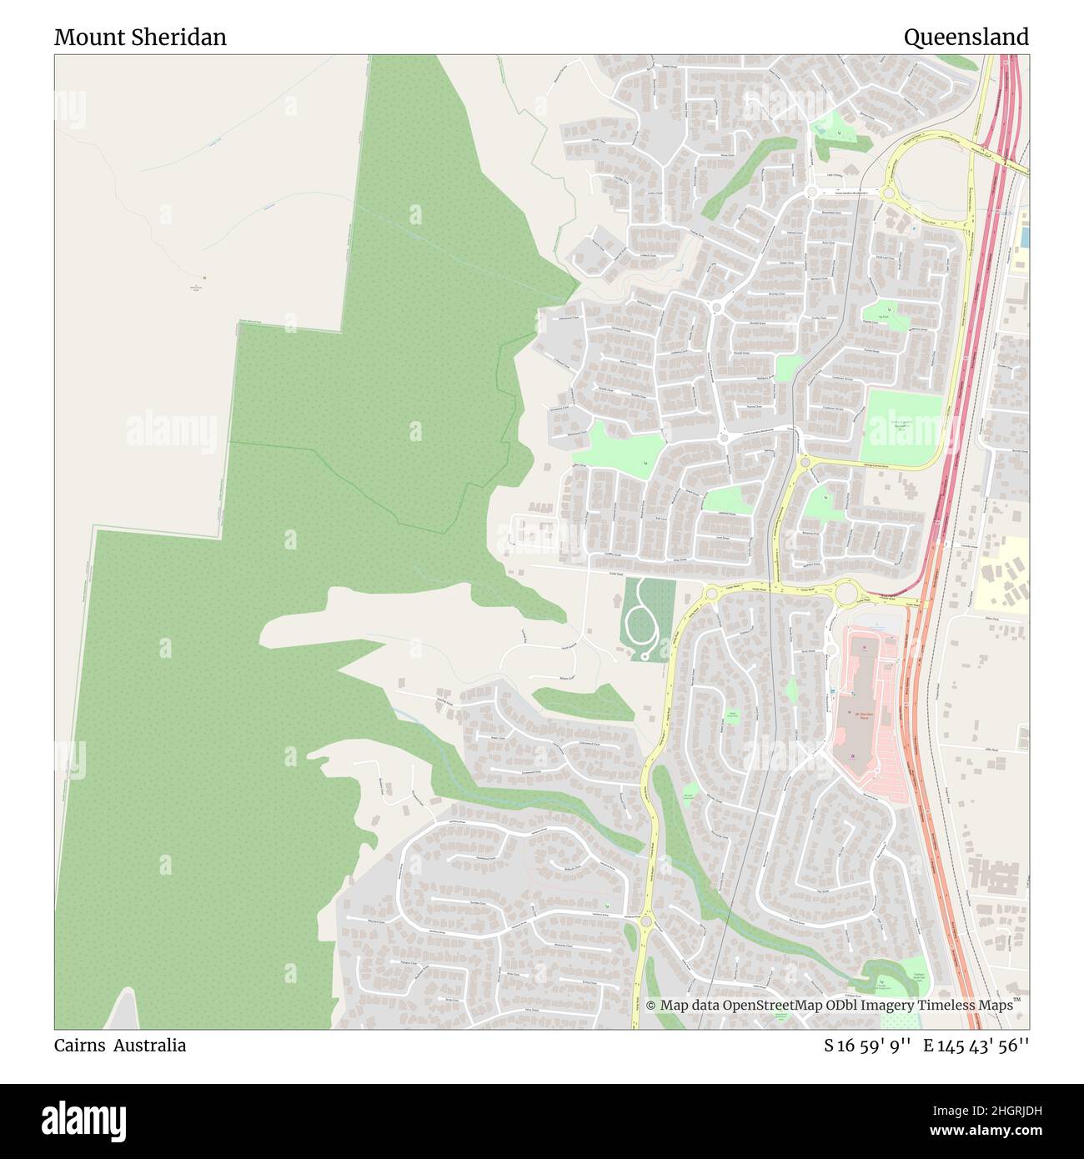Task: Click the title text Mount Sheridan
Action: (x=140, y=38)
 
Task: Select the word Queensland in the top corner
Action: (x=966, y=38)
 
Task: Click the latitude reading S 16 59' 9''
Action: (x=866, y=1046)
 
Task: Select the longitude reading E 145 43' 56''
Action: (x=976, y=1046)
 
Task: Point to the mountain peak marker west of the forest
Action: (x=203, y=278)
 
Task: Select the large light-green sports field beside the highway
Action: (x=902, y=428)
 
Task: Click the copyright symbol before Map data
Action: (x=651, y=1006)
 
